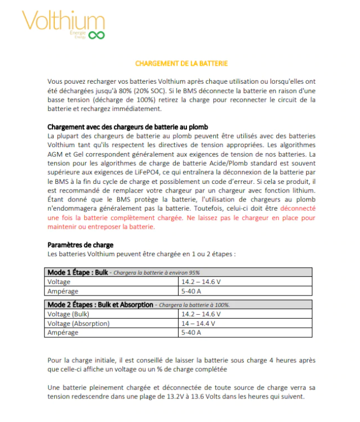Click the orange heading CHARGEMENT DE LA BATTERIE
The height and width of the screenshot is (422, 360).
[x=181, y=63]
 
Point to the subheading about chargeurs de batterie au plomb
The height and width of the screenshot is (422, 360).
[x=128, y=127]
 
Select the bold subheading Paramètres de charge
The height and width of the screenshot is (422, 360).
[x=81, y=245]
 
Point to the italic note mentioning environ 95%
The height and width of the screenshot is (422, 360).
[x=157, y=273]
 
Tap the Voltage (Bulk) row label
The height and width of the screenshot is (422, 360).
[x=67, y=314]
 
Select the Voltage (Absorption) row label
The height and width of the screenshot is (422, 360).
[x=78, y=323]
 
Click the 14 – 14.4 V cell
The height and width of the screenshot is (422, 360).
[x=198, y=323]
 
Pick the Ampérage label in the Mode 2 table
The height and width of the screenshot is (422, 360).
[x=62, y=332]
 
